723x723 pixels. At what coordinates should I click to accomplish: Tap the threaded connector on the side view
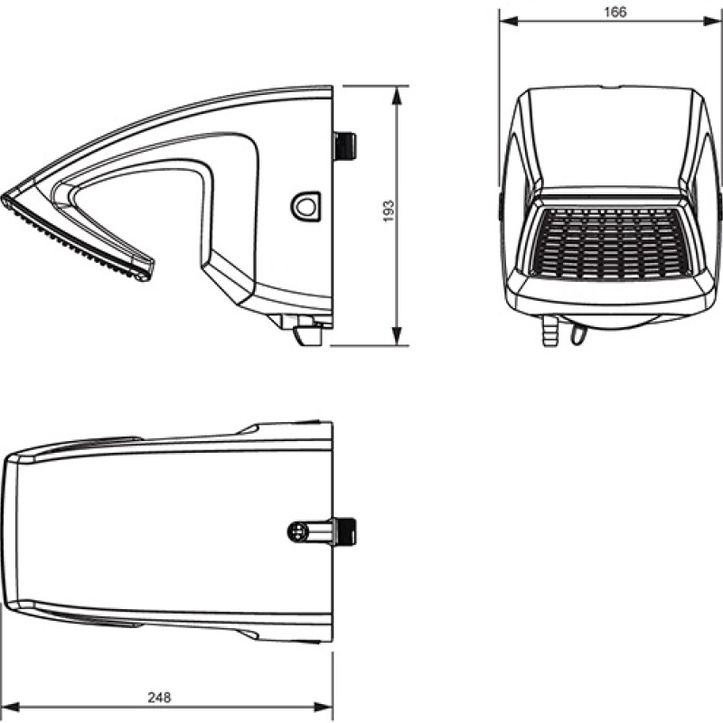point(345,145)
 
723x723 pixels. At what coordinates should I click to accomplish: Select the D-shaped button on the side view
point(305,206)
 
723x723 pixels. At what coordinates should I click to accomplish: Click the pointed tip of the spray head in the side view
point(6,196)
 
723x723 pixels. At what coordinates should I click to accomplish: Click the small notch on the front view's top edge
point(611,89)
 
